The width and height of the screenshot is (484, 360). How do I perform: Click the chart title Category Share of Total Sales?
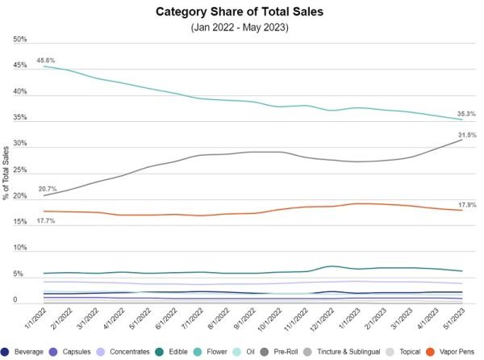[x=240, y=13]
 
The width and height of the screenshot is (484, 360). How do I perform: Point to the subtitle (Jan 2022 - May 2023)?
[x=240, y=27]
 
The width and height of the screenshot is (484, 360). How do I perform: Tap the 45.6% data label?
[x=46, y=60]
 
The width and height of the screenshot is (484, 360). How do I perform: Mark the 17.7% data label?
[x=46, y=220]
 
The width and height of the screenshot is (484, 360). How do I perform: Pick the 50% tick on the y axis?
[x=20, y=40]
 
